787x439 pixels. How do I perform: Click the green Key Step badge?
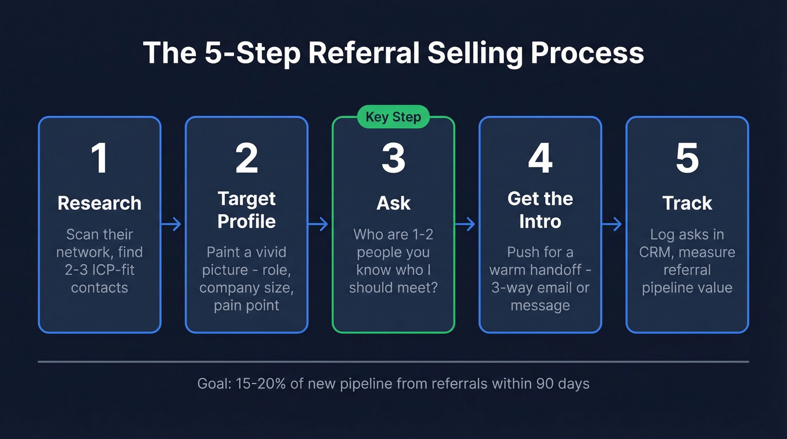tap(393, 117)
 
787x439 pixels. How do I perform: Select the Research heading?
tap(99, 203)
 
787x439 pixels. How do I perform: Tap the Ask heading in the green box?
tap(393, 203)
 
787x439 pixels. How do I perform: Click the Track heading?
tap(687, 203)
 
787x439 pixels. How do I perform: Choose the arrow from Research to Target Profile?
tap(173, 225)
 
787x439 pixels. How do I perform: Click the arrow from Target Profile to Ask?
tap(319, 225)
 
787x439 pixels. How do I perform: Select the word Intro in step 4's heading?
tap(540, 221)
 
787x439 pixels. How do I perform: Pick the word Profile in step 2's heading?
tap(246, 221)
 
